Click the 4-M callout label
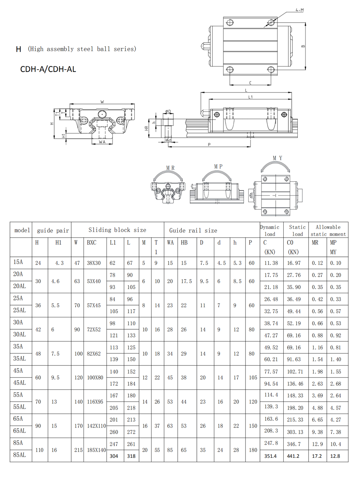300,10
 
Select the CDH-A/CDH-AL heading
48,69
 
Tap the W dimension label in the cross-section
102,102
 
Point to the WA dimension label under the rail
102,142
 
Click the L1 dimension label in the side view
250,97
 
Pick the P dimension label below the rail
209,144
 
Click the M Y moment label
278,158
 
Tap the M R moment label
170,168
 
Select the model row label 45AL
19,383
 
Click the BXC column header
91,242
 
